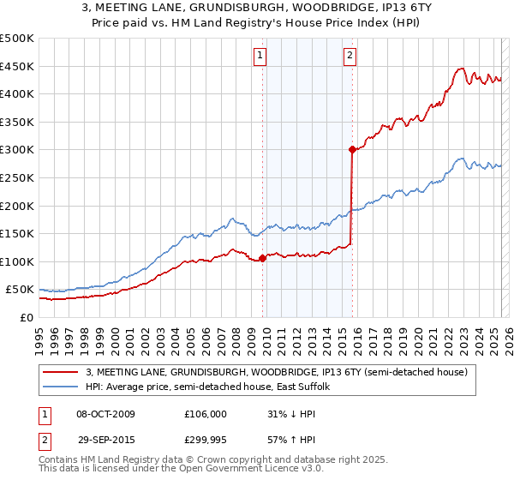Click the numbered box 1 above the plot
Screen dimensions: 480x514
click(x=260, y=57)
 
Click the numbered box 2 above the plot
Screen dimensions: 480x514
click(x=350, y=57)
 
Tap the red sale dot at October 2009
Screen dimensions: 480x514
click(x=262, y=258)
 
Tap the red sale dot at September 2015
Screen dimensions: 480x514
click(x=352, y=149)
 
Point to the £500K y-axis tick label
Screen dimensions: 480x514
click(x=17, y=39)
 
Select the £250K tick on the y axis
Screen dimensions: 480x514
click(x=17, y=177)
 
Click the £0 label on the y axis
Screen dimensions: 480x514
click(x=26, y=317)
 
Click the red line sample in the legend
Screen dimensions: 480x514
click(x=61, y=372)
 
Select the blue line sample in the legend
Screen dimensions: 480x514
click(x=61, y=387)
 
